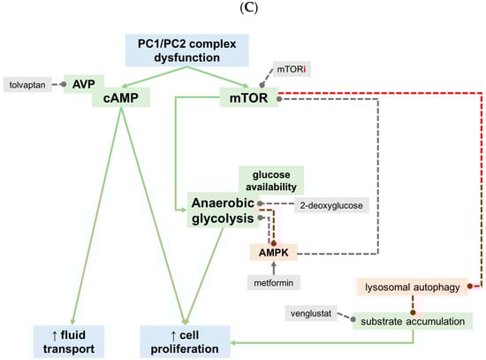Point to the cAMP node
118,98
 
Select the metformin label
274,282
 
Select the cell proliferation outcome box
186,341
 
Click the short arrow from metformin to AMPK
274,268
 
